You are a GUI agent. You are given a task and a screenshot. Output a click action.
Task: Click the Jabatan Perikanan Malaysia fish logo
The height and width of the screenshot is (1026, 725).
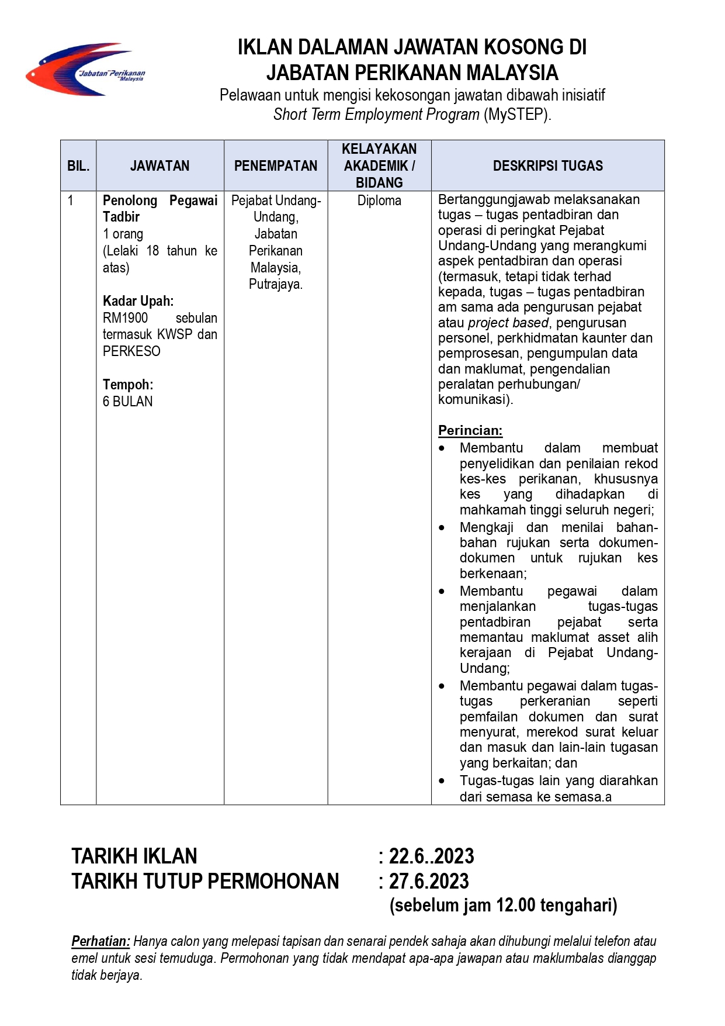85,69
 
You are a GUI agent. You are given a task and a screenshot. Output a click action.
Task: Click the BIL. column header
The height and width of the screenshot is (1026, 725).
78,166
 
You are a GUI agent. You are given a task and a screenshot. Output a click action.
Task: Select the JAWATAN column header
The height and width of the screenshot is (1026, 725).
159,166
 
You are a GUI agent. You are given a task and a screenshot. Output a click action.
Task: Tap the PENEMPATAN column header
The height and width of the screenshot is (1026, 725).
276,166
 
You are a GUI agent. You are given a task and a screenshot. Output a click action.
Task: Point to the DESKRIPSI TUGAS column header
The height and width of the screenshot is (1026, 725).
547,166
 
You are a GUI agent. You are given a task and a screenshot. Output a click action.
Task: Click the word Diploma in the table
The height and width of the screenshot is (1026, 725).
379,201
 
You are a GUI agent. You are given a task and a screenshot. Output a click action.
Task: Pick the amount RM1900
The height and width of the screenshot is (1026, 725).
125,318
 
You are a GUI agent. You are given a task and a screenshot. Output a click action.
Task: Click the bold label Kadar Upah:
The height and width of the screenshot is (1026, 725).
138,301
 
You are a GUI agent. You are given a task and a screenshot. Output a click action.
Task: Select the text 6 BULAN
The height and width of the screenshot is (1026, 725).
127,402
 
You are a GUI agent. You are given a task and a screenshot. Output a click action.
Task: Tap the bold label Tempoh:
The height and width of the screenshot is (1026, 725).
128,385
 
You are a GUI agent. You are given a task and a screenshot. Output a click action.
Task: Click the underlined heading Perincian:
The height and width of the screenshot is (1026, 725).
470,430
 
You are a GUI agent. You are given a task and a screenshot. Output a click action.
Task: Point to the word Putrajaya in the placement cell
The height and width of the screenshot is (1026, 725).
275,285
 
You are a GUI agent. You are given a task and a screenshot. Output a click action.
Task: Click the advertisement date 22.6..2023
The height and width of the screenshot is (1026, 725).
432,856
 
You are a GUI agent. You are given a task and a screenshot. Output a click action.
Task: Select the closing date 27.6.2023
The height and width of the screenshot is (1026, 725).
429,881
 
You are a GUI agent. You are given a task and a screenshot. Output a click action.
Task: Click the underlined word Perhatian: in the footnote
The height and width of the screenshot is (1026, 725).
100,941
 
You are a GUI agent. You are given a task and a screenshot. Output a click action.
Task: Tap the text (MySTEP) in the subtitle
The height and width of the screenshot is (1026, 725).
516,115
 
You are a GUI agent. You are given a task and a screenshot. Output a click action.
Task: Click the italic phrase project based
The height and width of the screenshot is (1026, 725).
508,323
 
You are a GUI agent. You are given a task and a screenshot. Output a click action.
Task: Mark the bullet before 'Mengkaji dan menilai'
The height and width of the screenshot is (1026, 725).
442,528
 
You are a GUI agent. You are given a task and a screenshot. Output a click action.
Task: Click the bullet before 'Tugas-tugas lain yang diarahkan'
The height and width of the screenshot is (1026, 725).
442,781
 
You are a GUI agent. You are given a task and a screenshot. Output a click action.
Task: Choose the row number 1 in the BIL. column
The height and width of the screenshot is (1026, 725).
71,201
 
